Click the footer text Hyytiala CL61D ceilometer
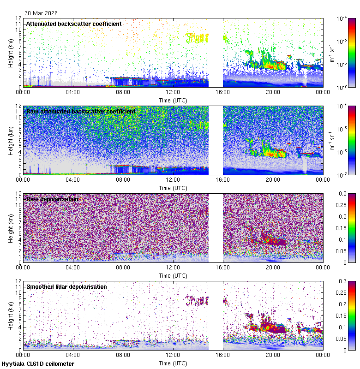tap(37, 364)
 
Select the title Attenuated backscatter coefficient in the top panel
tap(74, 24)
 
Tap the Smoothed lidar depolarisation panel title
tap(66, 286)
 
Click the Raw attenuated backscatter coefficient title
tap(81, 111)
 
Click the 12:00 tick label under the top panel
tap(173, 92)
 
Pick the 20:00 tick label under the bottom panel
tap(273, 355)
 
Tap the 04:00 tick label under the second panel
tap(73, 179)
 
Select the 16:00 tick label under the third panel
tap(223, 267)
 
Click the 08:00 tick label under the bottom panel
tap(123, 355)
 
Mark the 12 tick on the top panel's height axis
tap(18, 19)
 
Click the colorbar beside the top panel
tap(339, 53)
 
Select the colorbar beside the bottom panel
tap(339, 315)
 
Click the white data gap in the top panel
tap(216, 53)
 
